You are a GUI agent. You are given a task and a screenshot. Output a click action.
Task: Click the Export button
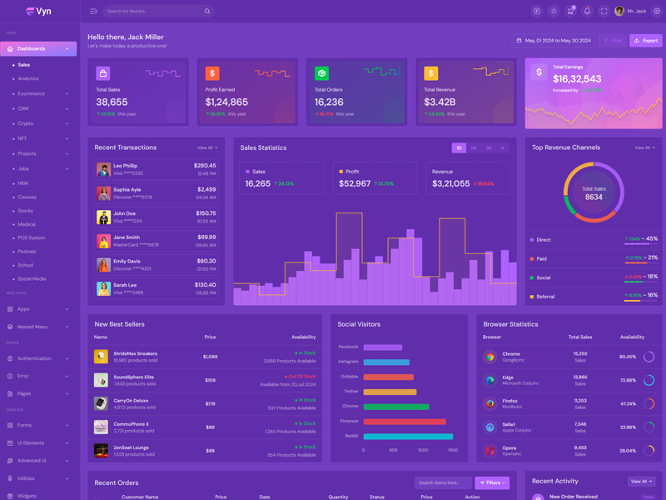(x=646, y=40)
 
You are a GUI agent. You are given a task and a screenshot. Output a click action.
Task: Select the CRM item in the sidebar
(x=23, y=108)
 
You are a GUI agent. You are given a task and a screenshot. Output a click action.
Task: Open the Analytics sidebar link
(x=28, y=78)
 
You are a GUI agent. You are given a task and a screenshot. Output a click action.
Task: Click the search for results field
(x=154, y=11)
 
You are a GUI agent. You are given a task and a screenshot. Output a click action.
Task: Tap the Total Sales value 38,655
(x=112, y=102)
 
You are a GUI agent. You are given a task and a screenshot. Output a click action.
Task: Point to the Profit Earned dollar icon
(x=212, y=73)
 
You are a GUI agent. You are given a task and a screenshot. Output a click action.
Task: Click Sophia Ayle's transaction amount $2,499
(x=206, y=189)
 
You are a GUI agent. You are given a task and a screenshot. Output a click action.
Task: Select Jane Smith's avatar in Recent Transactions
(x=103, y=241)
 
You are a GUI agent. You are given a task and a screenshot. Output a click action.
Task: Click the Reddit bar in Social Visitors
(x=408, y=436)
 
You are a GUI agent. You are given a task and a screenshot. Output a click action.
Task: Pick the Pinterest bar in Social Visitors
(x=405, y=422)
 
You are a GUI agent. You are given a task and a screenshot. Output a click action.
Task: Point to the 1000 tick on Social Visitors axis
(x=423, y=450)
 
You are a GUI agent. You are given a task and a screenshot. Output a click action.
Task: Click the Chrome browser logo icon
(x=490, y=357)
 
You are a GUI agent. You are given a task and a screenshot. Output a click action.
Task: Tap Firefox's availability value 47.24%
(x=628, y=403)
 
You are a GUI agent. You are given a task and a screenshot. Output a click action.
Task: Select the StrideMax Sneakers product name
(x=135, y=353)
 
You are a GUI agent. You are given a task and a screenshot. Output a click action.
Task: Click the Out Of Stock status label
(x=301, y=377)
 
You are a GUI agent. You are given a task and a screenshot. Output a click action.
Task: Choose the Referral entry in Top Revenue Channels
(x=545, y=297)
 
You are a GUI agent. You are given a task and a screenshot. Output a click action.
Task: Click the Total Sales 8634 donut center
(x=594, y=193)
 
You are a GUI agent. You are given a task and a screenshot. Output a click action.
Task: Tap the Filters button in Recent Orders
(x=492, y=482)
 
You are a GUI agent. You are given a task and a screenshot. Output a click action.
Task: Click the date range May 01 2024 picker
(x=554, y=40)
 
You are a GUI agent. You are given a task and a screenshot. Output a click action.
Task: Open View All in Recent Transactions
(x=207, y=147)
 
